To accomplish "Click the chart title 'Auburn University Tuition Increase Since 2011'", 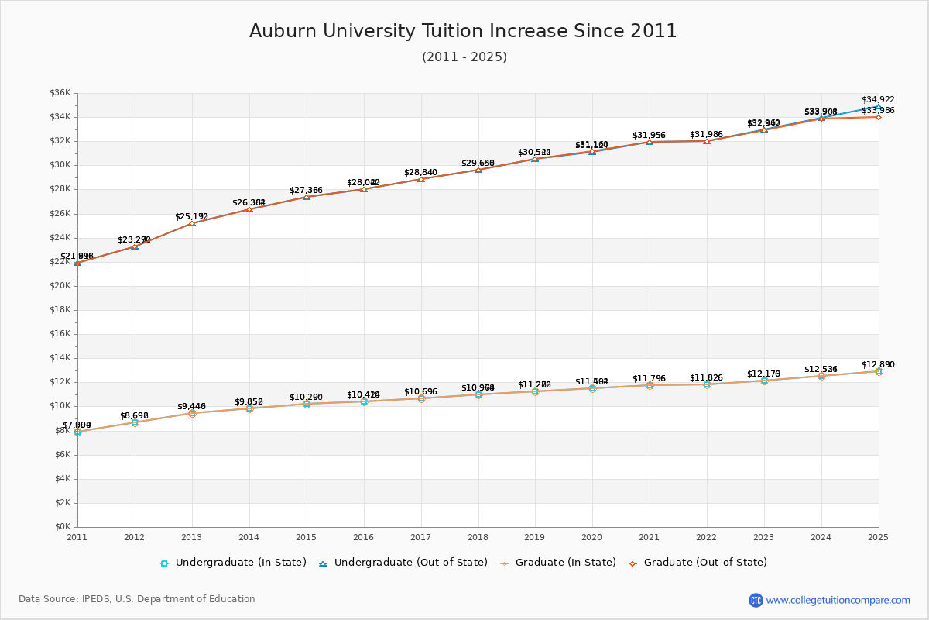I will click(463, 31).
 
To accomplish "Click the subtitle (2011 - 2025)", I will click(464, 57).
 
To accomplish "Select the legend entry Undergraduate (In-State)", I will click(241, 563).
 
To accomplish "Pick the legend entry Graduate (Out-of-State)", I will click(705, 563).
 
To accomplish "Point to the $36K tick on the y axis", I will click(60, 93).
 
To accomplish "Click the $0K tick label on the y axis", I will click(63, 527).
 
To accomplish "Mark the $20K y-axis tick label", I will click(60, 286).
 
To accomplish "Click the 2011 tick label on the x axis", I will click(77, 536).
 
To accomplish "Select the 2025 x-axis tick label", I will click(878, 536).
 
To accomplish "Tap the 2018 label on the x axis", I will click(478, 536).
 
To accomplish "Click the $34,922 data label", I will click(878, 99).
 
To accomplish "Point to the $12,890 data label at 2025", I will click(878, 364).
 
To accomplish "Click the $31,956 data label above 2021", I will click(649, 136).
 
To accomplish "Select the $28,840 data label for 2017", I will click(420, 172).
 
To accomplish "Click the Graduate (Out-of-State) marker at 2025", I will click(879, 117).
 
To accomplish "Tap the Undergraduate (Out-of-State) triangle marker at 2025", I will click(879, 106).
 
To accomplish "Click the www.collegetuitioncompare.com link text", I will click(838, 600).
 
